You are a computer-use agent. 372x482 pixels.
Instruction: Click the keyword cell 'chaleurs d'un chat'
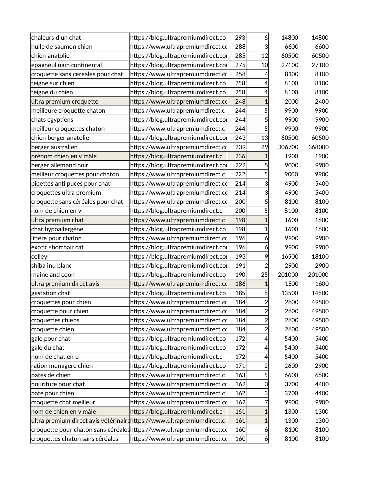56,38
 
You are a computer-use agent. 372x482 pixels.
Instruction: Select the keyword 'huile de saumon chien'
62,47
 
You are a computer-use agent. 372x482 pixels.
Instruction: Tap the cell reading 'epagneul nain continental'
67,65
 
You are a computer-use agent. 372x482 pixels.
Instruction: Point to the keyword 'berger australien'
55,147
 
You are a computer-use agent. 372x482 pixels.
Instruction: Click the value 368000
318,147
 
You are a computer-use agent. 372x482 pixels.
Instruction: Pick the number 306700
288,147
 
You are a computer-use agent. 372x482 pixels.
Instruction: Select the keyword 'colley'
39,257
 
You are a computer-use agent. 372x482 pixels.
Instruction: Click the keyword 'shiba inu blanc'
51,266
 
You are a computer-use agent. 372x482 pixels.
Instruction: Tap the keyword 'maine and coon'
53,275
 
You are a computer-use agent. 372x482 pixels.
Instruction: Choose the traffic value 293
240,38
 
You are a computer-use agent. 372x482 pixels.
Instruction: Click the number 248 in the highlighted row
240,102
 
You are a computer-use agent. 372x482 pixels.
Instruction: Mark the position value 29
264,147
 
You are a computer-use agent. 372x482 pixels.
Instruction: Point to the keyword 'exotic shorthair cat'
57,247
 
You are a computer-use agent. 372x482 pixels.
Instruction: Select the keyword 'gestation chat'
50,293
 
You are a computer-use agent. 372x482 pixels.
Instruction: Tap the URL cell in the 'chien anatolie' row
178,56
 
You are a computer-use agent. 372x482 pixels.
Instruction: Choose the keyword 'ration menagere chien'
62,366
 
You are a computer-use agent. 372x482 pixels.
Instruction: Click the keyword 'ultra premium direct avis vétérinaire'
80,421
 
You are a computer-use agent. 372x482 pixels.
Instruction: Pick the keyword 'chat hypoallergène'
57,229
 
